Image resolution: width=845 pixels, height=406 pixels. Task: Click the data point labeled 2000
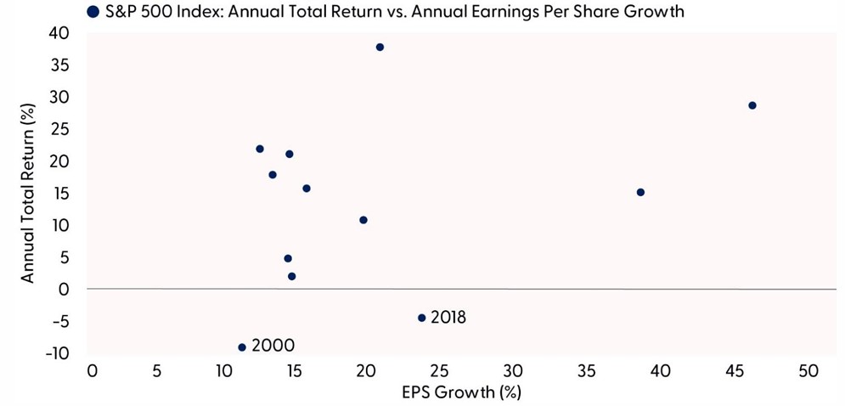tap(242, 347)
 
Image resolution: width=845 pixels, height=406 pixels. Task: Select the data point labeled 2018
tap(421, 318)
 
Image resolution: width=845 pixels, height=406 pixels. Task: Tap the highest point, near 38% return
tap(380, 47)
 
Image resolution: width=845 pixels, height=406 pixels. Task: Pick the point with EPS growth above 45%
tap(752, 105)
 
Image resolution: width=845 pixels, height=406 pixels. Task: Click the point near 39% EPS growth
tap(640, 192)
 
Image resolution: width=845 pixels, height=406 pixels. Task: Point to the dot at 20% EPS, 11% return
tap(363, 220)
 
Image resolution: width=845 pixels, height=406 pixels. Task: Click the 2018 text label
tap(448, 318)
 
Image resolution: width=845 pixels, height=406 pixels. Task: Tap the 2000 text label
tap(273, 346)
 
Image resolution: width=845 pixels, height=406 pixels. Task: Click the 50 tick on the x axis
tap(808, 371)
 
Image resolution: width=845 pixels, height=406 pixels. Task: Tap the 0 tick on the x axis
tap(92, 371)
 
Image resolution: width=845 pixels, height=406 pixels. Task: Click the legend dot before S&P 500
tap(92, 12)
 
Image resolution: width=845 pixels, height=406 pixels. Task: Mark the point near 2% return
tap(291, 276)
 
